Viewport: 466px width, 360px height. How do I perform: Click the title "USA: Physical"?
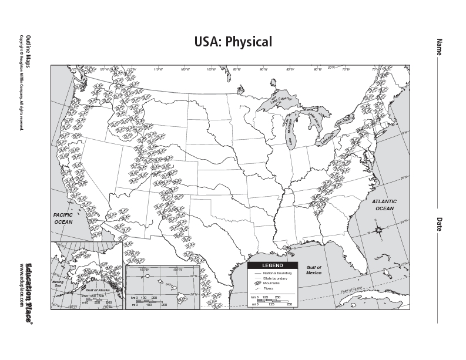(233, 42)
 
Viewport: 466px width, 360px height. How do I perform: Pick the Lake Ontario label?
(345, 121)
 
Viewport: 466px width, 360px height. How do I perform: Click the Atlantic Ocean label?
(385, 205)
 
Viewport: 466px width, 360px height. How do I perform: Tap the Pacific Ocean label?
(63, 219)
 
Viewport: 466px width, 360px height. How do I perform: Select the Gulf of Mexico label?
(314, 270)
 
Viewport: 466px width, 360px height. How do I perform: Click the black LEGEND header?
(272, 265)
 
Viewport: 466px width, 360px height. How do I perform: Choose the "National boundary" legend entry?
(277, 273)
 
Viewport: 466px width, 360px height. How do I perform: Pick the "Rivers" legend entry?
(268, 288)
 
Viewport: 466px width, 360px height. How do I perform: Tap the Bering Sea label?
(58, 284)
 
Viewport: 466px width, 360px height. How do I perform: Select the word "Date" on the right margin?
(438, 224)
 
